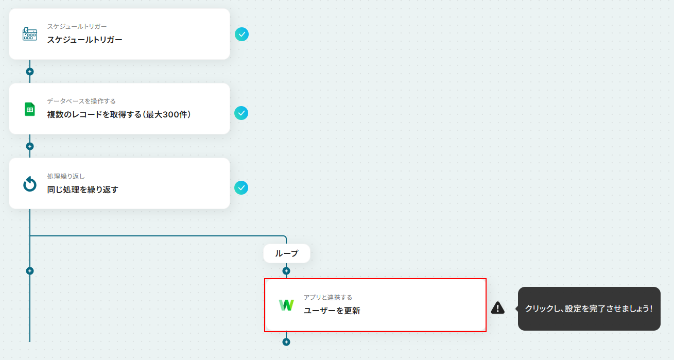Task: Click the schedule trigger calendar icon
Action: (x=30, y=34)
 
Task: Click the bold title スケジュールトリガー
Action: (x=84, y=39)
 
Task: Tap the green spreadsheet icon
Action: (x=30, y=109)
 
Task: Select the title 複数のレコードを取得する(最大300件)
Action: (x=119, y=114)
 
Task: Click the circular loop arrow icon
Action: (x=30, y=184)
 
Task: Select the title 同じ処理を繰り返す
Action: (x=82, y=190)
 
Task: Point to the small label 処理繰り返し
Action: (x=66, y=176)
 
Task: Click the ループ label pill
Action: (x=287, y=253)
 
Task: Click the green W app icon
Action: (x=286, y=305)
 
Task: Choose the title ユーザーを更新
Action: (x=332, y=311)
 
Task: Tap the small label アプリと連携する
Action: (x=328, y=297)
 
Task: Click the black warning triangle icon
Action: (x=498, y=308)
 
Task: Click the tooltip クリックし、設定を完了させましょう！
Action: (x=589, y=308)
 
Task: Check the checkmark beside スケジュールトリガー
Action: (x=241, y=34)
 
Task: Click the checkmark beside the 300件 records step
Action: (x=241, y=113)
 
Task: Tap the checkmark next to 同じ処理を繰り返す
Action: (x=241, y=188)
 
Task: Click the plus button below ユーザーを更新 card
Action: (x=286, y=341)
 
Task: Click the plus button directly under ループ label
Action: (x=286, y=271)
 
